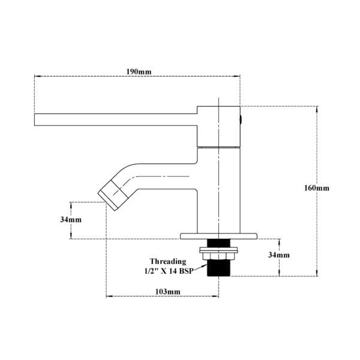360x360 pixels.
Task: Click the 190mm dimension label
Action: pos(139,72)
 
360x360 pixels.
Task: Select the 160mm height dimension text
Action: pos(317,188)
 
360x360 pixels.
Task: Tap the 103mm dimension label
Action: pos(168,292)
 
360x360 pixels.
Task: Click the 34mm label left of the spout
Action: pos(71,220)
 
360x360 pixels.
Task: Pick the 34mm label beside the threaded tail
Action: pos(279,255)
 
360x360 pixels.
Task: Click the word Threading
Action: pos(168,262)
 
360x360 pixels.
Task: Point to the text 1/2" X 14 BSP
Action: pos(169,271)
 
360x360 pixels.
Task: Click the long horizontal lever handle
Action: pos(116,119)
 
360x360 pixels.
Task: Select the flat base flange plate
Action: pos(218,236)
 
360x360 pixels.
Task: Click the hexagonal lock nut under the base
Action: pos(218,256)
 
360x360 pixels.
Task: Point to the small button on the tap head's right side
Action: pos(241,119)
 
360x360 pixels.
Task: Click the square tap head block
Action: pos(218,127)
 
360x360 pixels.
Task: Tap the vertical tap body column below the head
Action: pos(218,191)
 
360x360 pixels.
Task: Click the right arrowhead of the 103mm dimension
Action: pos(215,296)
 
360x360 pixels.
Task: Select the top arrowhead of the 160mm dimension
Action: pos(317,109)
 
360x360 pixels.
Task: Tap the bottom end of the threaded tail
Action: pos(218,276)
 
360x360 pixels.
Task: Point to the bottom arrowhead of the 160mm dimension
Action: pos(317,273)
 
